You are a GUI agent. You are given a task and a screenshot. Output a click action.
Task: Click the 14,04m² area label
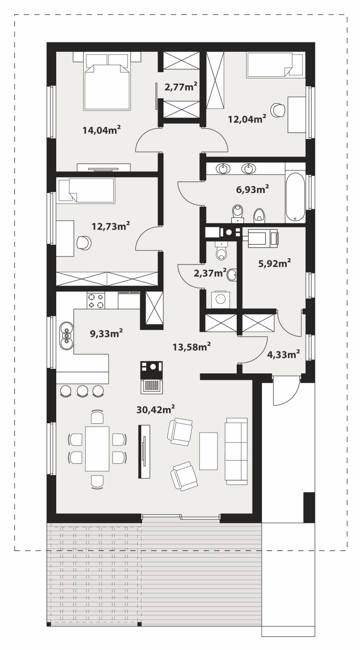[x=102, y=130]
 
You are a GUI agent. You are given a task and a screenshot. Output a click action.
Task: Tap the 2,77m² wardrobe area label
[x=181, y=86]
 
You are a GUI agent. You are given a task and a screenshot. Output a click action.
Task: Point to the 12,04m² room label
[x=247, y=118]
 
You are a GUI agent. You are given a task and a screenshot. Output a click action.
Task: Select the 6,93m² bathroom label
[x=252, y=189]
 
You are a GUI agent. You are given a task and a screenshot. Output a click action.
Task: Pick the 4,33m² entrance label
[x=283, y=354]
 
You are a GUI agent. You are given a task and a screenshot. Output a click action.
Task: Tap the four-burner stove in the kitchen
[x=96, y=300]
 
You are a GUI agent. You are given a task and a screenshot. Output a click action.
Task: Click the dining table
[x=97, y=448]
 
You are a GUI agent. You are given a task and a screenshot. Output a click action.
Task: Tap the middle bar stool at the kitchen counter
[x=82, y=391]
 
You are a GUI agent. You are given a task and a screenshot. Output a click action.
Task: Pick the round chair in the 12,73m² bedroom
[x=84, y=242]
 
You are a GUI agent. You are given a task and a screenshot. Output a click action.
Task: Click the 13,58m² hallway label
[x=192, y=346]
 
